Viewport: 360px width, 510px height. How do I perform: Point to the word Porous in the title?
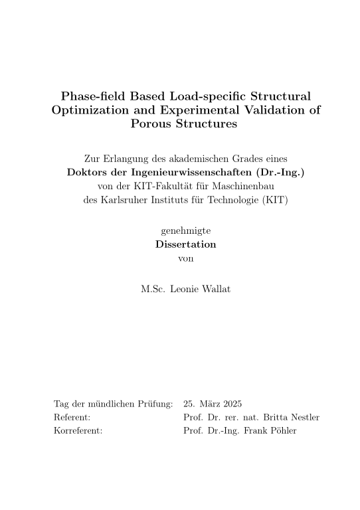click(155, 124)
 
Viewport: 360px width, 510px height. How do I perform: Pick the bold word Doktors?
click(89, 173)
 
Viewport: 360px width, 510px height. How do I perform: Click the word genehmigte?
click(186, 230)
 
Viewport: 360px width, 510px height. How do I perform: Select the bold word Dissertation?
click(186, 244)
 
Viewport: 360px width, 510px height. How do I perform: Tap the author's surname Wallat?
click(215, 290)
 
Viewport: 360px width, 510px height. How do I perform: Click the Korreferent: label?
click(78, 431)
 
